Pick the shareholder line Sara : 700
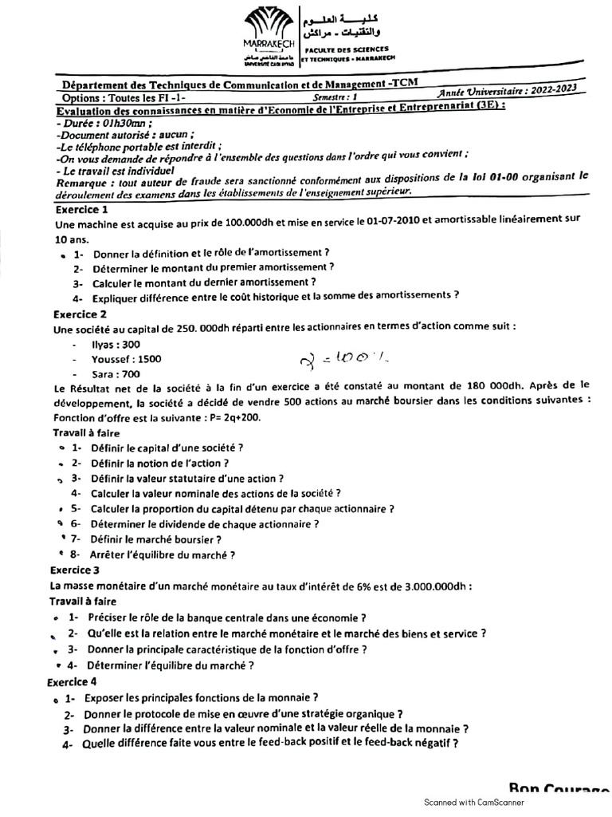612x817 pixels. click(x=116, y=373)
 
